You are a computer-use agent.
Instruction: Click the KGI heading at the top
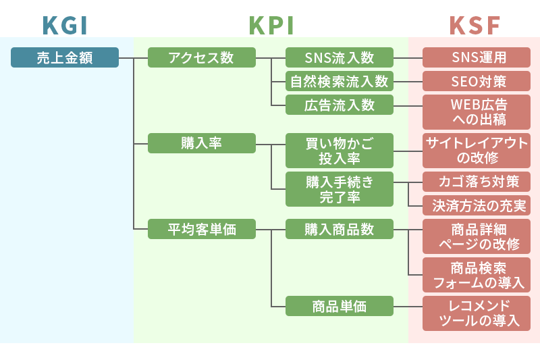[65, 25]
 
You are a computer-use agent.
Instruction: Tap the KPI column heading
[271, 25]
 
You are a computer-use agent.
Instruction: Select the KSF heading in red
[475, 25]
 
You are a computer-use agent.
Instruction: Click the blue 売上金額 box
[65, 57]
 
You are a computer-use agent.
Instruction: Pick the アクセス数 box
[201, 57]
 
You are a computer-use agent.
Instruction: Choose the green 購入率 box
[201, 143]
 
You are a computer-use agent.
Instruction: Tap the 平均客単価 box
[201, 229]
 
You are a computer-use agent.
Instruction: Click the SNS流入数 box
[339, 57]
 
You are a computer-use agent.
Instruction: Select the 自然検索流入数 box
[339, 81]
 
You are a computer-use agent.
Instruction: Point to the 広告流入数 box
[339, 105]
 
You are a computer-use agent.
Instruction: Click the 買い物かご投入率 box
[339, 151]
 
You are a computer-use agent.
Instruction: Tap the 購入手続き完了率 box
[339, 190]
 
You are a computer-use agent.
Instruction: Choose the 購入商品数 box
[339, 229]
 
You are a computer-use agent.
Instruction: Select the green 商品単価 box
[339, 306]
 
